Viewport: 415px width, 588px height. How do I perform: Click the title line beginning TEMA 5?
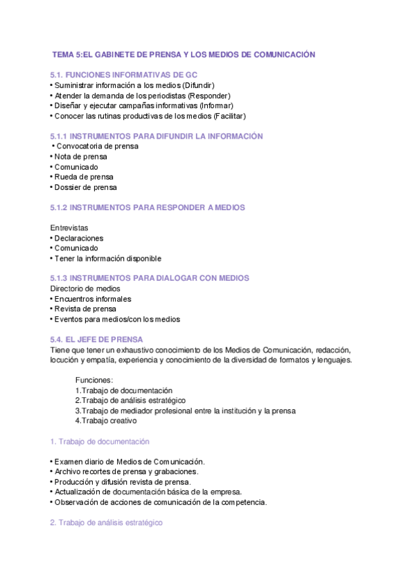click(184, 54)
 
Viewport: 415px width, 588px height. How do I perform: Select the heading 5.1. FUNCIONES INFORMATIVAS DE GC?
click(118, 74)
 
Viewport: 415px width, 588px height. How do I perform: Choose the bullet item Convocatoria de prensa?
click(97, 146)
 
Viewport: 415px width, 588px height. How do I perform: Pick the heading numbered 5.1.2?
click(148, 207)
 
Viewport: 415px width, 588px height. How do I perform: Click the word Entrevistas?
click(70, 227)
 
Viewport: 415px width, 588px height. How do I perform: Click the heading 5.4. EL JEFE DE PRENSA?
click(97, 340)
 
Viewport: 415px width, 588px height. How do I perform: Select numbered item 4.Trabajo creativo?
click(106, 421)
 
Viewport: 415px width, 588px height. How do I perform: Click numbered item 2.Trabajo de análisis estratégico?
click(130, 401)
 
